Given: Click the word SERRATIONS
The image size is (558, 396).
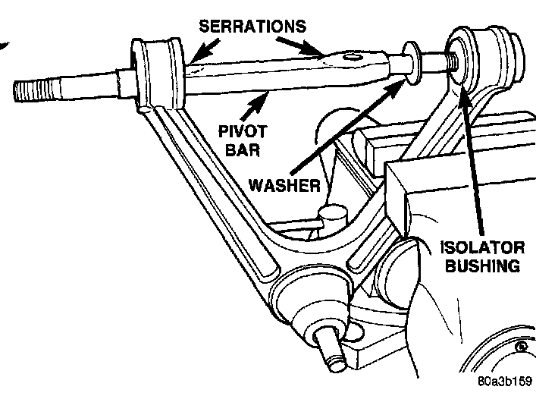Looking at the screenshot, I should click(x=253, y=27).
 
